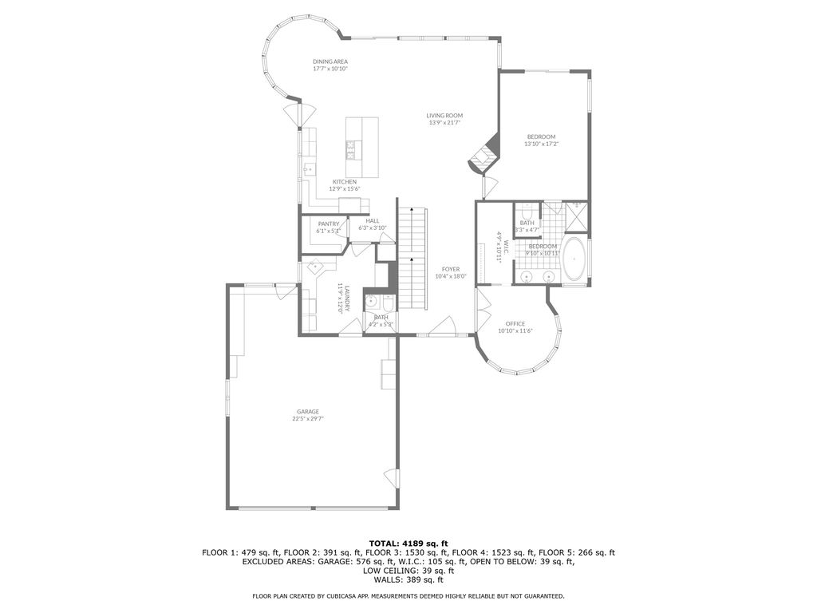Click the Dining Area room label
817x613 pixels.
pyautogui.click(x=330, y=61)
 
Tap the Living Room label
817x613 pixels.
pyautogui.click(x=444, y=116)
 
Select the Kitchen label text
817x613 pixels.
pyautogui.click(x=345, y=182)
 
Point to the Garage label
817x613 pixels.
pyautogui.click(x=308, y=412)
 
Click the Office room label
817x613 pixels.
pyautogui.click(x=515, y=324)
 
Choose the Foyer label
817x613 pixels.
pyautogui.click(x=451, y=270)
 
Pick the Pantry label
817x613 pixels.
pyautogui.click(x=328, y=224)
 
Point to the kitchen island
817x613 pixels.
pyautogui.click(x=361, y=148)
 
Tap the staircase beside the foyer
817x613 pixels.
pyautogui.click(x=412, y=259)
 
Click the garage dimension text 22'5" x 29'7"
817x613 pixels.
pyautogui.click(x=308, y=418)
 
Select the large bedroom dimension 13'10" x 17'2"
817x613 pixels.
pyautogui.click(x=541, y=144)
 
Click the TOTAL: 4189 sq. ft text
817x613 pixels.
pyautogui.click(x=408, y=543)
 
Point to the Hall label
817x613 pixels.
pyautogui.click(x=373, y=221)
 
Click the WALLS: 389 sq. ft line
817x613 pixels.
pyautogui.click(x=408, y=580)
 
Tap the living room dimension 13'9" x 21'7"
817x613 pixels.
pyautogui.click(x=445, y=123)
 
